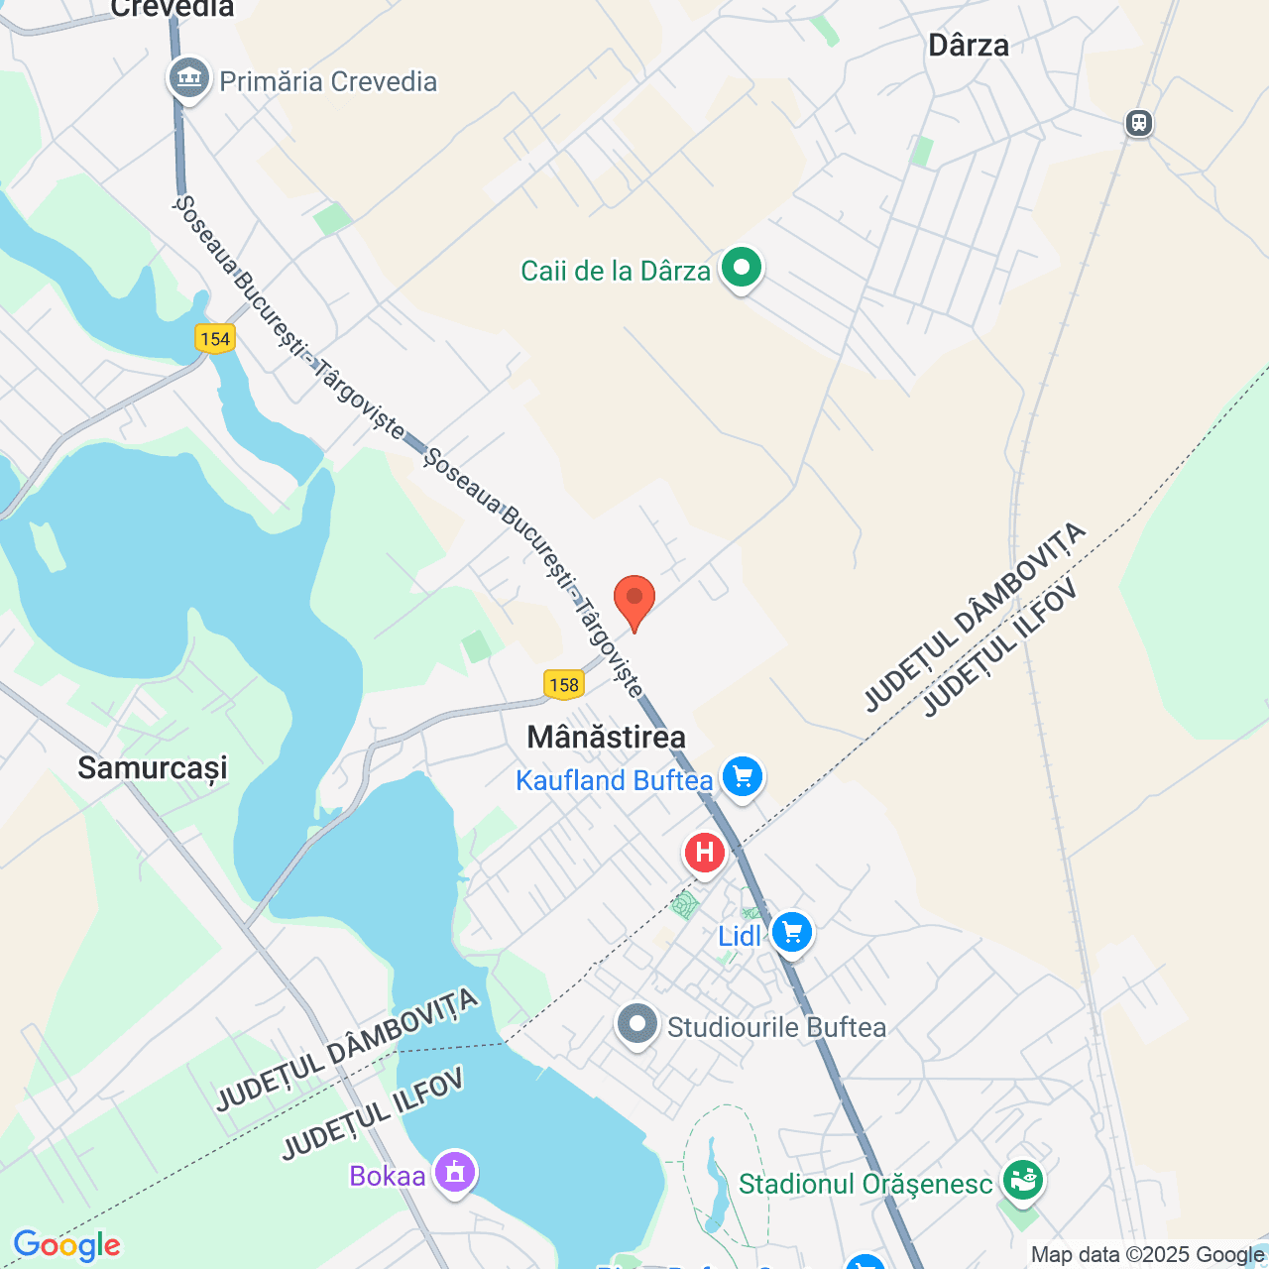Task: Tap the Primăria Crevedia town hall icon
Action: point(188,79)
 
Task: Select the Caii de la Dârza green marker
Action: point(741,268)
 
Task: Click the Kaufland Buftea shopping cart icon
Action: point(743,777)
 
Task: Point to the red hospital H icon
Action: point(705,853)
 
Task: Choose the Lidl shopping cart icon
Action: point(791,933)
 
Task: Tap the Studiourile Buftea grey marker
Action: point(637,1025)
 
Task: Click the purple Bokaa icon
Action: point(455,1173)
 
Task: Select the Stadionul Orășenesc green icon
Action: point(1022,1180)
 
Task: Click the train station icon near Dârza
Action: point(1139,123)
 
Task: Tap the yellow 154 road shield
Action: point(214,339)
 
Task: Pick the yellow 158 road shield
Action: point(563,684)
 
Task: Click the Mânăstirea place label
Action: point(606,737)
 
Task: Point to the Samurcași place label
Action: point(153,767)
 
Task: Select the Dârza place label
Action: point(969,46)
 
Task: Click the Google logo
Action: point(67,1245)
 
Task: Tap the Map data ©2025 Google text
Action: point(1146,1255)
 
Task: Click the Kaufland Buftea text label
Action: point(614,781)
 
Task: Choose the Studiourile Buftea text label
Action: point(776,1027)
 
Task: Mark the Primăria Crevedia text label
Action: point(328,81)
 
